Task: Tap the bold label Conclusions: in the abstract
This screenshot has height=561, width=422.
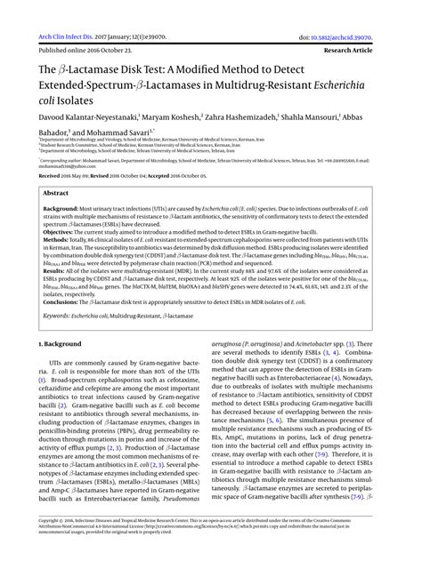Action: [61, 302]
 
